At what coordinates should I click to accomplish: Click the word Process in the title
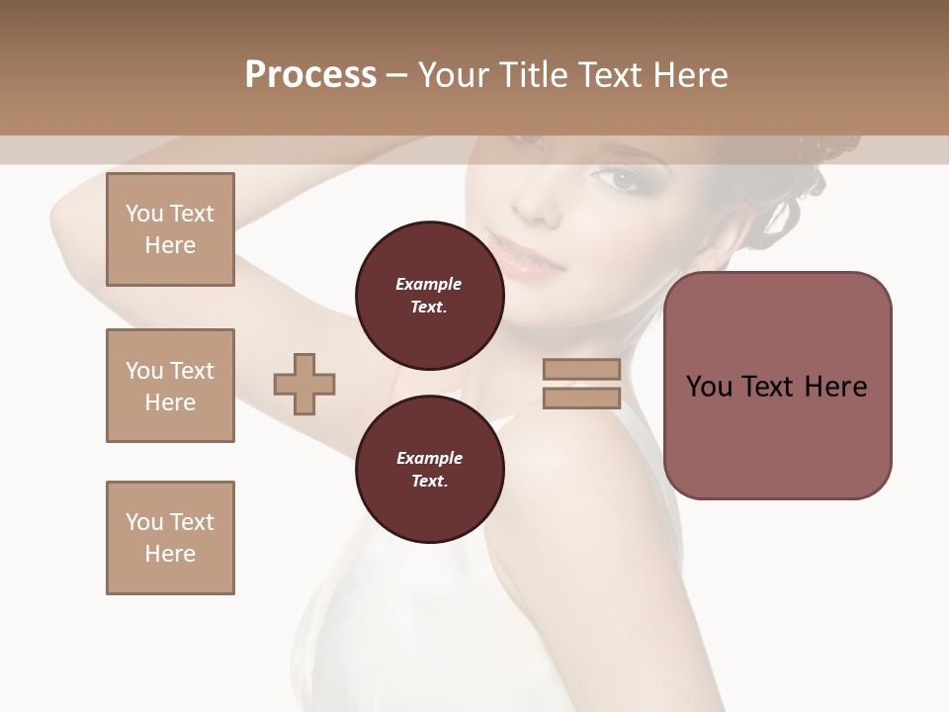[310, 75]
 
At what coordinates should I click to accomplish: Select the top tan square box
[170, 229]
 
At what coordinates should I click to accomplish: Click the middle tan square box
[170, 386]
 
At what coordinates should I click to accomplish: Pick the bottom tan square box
[170, 538]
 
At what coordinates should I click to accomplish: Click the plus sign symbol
[304, 384]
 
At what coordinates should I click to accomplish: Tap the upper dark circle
[429, 295]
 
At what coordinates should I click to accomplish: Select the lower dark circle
[429, 469]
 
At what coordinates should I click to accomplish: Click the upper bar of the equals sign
[581, 370]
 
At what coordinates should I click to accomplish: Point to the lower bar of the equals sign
[581, 399]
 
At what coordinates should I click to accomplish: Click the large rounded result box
[777, 386]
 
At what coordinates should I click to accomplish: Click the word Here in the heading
[689, 75]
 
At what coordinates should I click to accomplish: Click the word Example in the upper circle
[428, 284]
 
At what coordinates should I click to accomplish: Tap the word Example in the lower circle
[428, 458]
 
